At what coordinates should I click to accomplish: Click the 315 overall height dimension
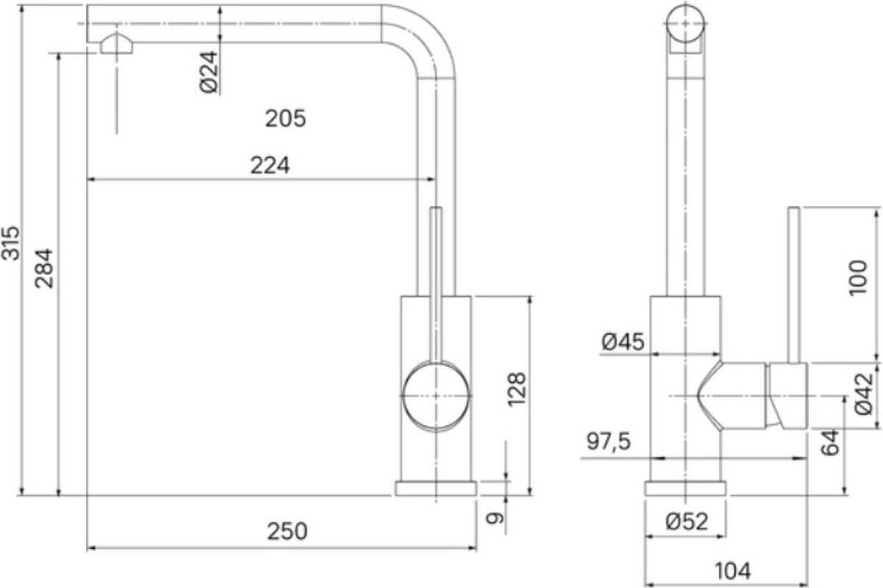pos(10,243)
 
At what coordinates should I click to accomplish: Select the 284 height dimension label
pos(43,269)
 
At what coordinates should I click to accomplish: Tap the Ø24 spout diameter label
pos(208,72)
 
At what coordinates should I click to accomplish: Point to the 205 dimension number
pos(285,118)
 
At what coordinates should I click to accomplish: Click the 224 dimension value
pos(270,166)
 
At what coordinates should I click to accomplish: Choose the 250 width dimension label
pos(287,531)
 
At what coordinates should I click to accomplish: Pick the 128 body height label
pos(517,389)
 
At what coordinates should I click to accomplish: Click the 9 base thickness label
pos(494,518)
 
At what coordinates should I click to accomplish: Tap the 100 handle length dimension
pos(858,277)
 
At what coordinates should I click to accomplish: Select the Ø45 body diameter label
pos(623,341)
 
